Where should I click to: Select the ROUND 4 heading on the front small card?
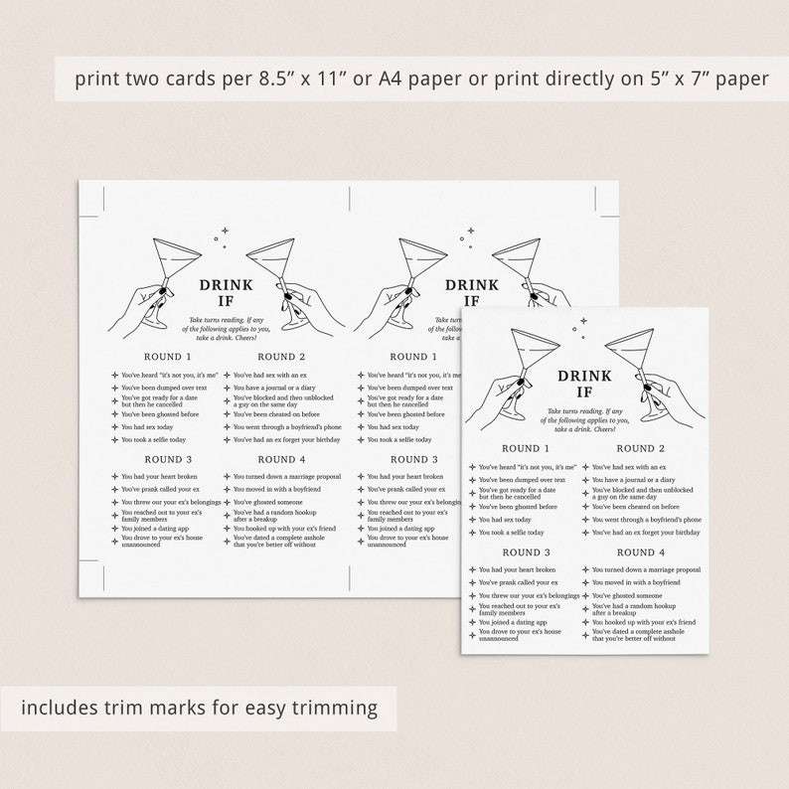point(641,552)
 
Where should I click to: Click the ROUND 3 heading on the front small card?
point(527,552)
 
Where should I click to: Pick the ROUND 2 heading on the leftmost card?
point(282,357)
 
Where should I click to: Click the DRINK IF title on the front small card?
point(583,386)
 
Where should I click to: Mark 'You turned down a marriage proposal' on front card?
point(647,569)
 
